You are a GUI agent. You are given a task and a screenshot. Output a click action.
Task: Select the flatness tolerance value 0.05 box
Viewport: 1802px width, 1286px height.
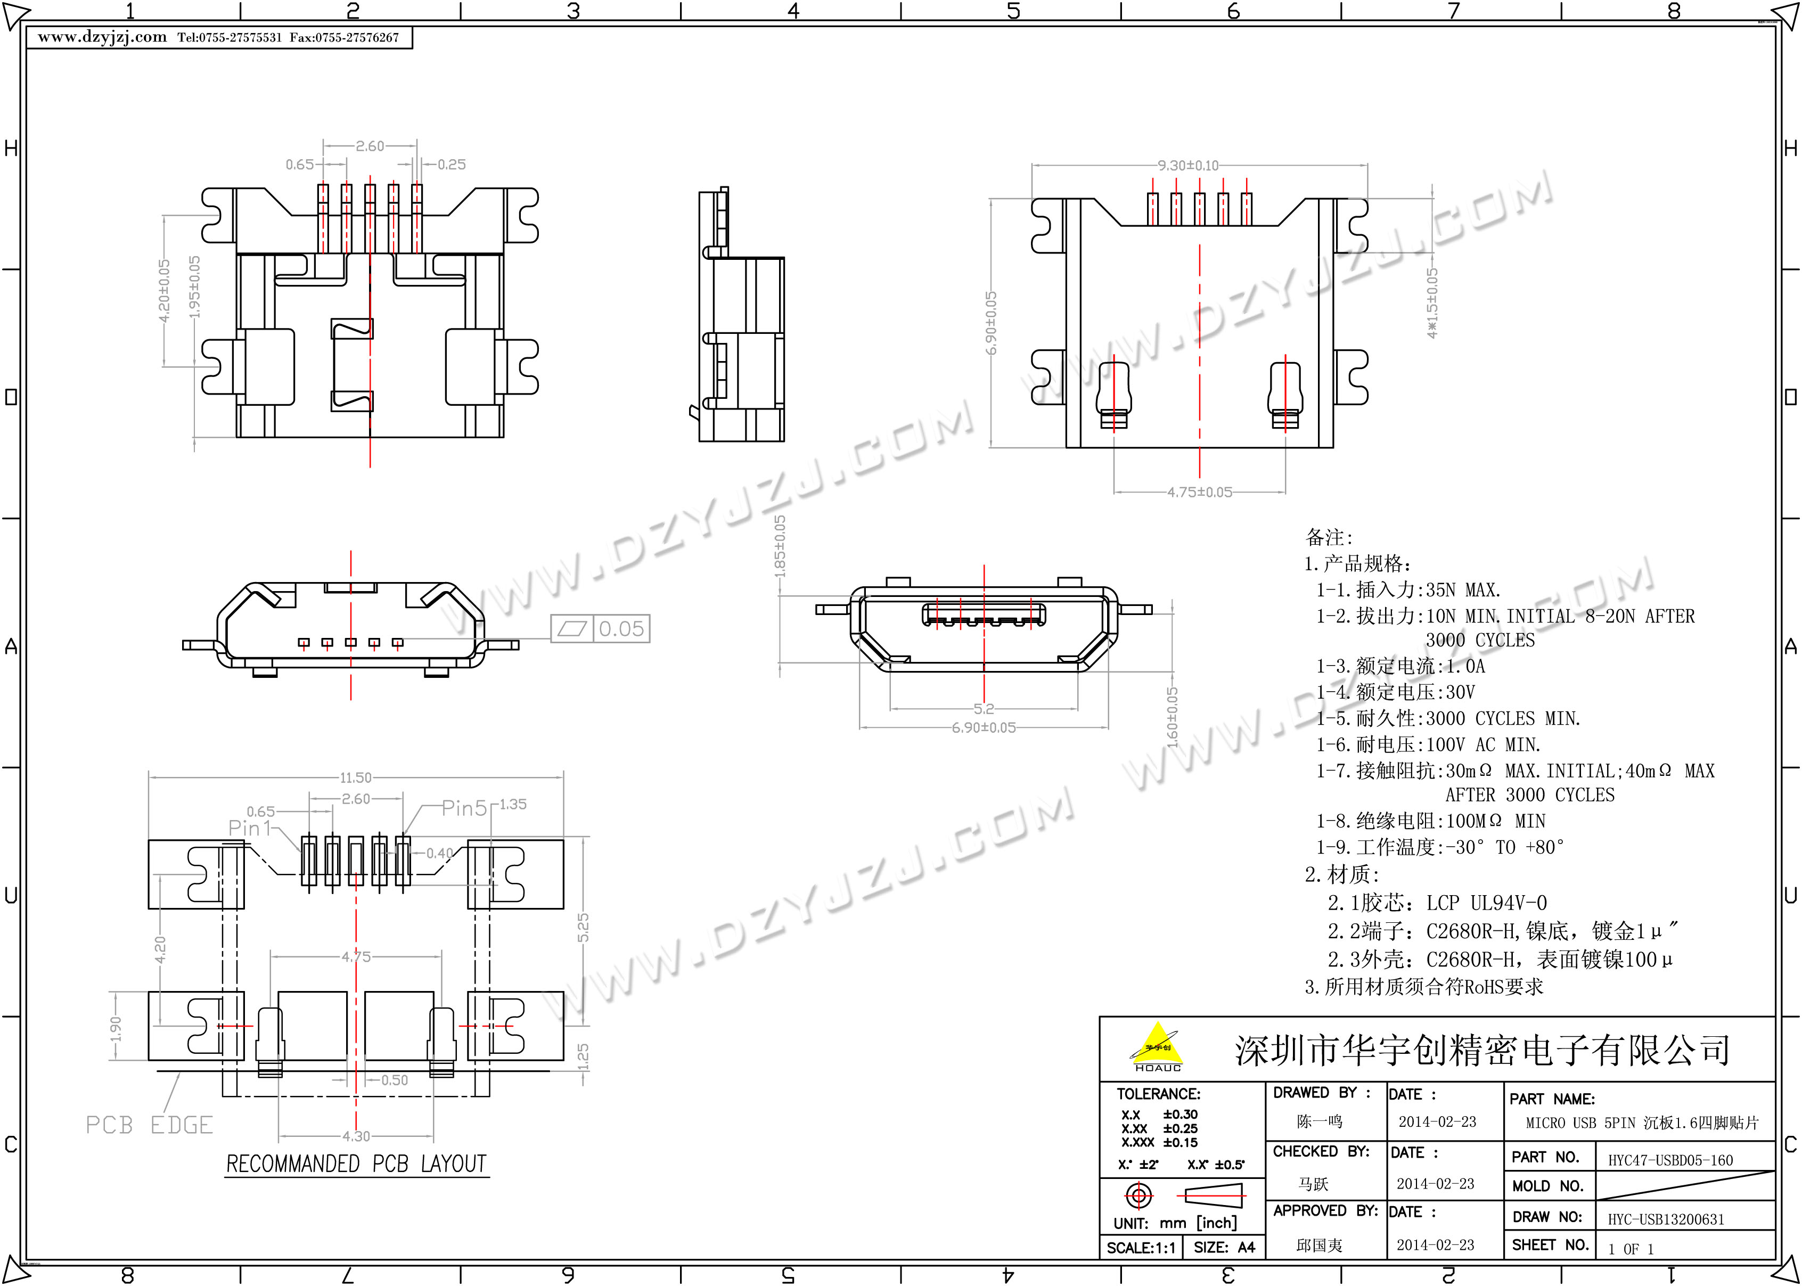[621, 629]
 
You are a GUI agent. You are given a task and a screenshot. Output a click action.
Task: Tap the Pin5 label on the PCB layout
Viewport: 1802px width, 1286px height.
[464, 808]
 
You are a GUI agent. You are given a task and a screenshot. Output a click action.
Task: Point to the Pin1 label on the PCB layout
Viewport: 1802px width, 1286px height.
[249, 828]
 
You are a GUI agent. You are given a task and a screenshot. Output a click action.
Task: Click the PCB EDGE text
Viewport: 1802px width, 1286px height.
[150, 1125]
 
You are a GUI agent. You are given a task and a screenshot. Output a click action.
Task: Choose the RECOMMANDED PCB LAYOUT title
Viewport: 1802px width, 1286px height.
[356, 1164]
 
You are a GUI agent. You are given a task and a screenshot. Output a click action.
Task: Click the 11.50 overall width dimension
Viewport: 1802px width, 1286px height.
[356, 777]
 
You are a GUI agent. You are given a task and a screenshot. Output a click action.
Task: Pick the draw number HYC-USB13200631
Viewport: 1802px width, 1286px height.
[1666, 1219]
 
